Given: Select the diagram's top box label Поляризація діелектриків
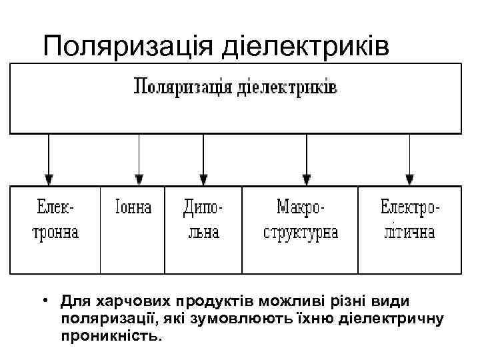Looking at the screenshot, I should [x=236, y=87].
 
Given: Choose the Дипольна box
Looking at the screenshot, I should [x=203, y=221].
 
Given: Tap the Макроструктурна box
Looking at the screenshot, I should [x=300, y=221].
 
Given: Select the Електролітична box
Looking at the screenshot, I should [x=409, y=221].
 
